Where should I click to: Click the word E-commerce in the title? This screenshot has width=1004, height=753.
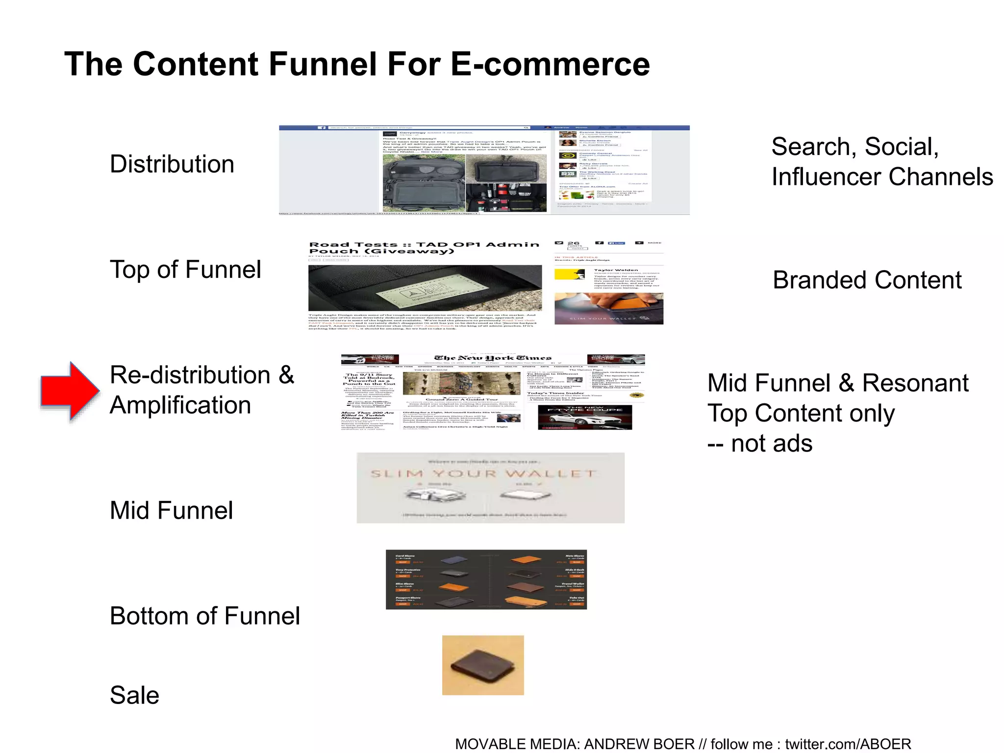coord(550,64)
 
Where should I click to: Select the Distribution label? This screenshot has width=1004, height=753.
coord(172,164)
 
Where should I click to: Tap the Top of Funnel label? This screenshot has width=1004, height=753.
coord(185,269)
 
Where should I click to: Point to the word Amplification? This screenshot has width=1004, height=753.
coord(180,405)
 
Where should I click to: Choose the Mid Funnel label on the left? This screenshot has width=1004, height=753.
coord(171,510)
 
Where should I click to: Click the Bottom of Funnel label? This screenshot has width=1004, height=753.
coord(204,616)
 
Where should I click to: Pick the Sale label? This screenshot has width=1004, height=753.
coord(134,695)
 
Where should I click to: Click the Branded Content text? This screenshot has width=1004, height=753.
coord(867,280)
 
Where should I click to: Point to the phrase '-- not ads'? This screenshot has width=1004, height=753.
coord(759,444)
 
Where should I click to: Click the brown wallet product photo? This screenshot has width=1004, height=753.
coord(483,665)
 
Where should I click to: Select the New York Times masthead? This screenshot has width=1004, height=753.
coord(493,358)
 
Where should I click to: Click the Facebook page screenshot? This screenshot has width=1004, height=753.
coord(484,170)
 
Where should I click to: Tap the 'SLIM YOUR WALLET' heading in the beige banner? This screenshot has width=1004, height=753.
coord(483,474)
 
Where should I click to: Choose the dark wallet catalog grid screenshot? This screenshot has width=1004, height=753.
coord(486,579)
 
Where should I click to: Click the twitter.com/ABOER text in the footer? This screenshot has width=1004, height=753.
coord(848,744)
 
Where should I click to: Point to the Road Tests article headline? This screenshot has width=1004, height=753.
coord(424,248)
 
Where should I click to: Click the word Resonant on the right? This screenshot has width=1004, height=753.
coord(915,383)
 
